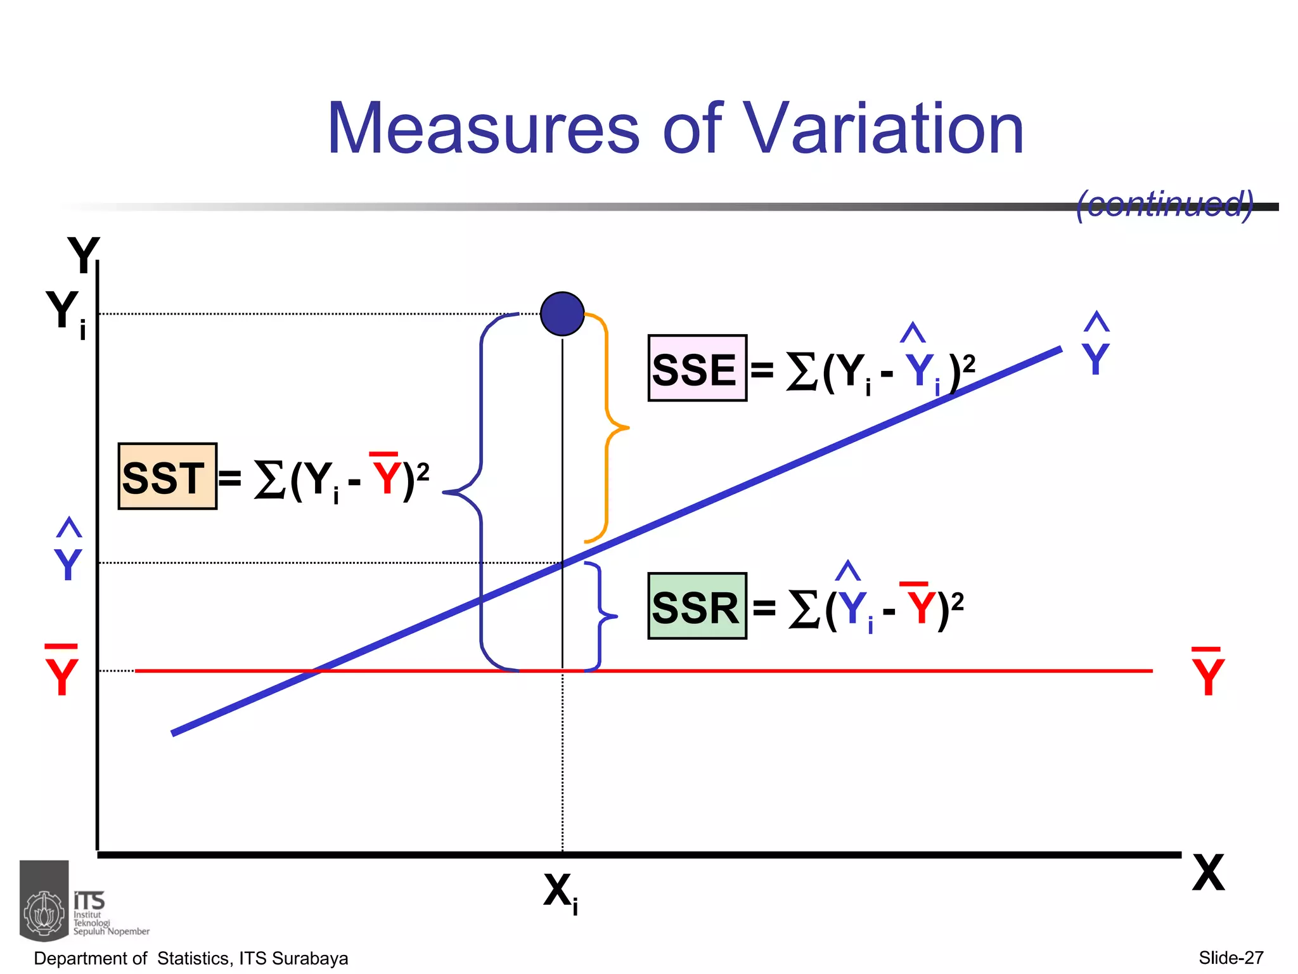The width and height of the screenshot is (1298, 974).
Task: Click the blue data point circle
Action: click(x=562, y=314)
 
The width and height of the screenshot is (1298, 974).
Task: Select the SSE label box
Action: click(x=697, y=368)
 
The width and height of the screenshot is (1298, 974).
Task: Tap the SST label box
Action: click(x=167, y=477)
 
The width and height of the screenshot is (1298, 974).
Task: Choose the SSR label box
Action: click(x=697, y=606)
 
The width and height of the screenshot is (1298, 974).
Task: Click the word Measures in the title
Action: click(x=483, y=129)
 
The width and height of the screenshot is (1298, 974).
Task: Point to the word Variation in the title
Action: click(x=883, y=129)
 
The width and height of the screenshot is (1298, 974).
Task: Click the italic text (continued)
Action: click(x=1165, y=204)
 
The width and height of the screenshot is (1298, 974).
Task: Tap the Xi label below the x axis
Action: click(x=560, y=892)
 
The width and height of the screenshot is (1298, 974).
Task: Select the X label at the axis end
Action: click(x=1208, y=873)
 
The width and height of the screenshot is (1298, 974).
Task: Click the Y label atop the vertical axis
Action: click(x=84, y=255)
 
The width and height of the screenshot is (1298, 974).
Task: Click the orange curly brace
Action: click(x=608, y=428)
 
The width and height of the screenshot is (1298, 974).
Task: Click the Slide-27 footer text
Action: click(x=1231, y=958)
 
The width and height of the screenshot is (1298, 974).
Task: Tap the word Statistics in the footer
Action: click(x=193, y=958)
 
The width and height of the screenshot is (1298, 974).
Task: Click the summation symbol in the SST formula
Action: click(x=269, y=479)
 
